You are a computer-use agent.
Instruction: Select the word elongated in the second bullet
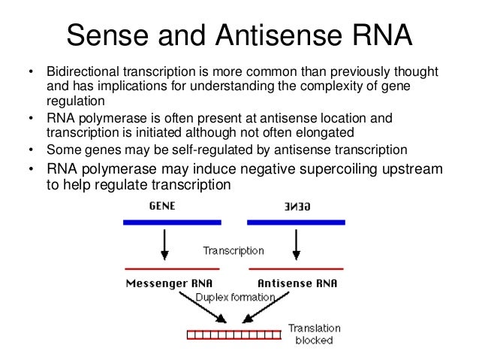(336, 132)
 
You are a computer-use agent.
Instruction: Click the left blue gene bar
(173, 222)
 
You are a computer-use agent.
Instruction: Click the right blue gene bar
(295, 222)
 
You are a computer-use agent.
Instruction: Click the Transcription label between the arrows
(233, 250)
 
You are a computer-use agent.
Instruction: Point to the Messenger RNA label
(169, 283)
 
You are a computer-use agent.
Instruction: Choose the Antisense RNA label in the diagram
(297, 283)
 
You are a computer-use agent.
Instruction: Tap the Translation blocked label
(315, 334)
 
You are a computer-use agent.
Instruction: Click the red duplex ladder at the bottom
(233, 334)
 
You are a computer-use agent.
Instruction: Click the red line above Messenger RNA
(172, 268)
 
